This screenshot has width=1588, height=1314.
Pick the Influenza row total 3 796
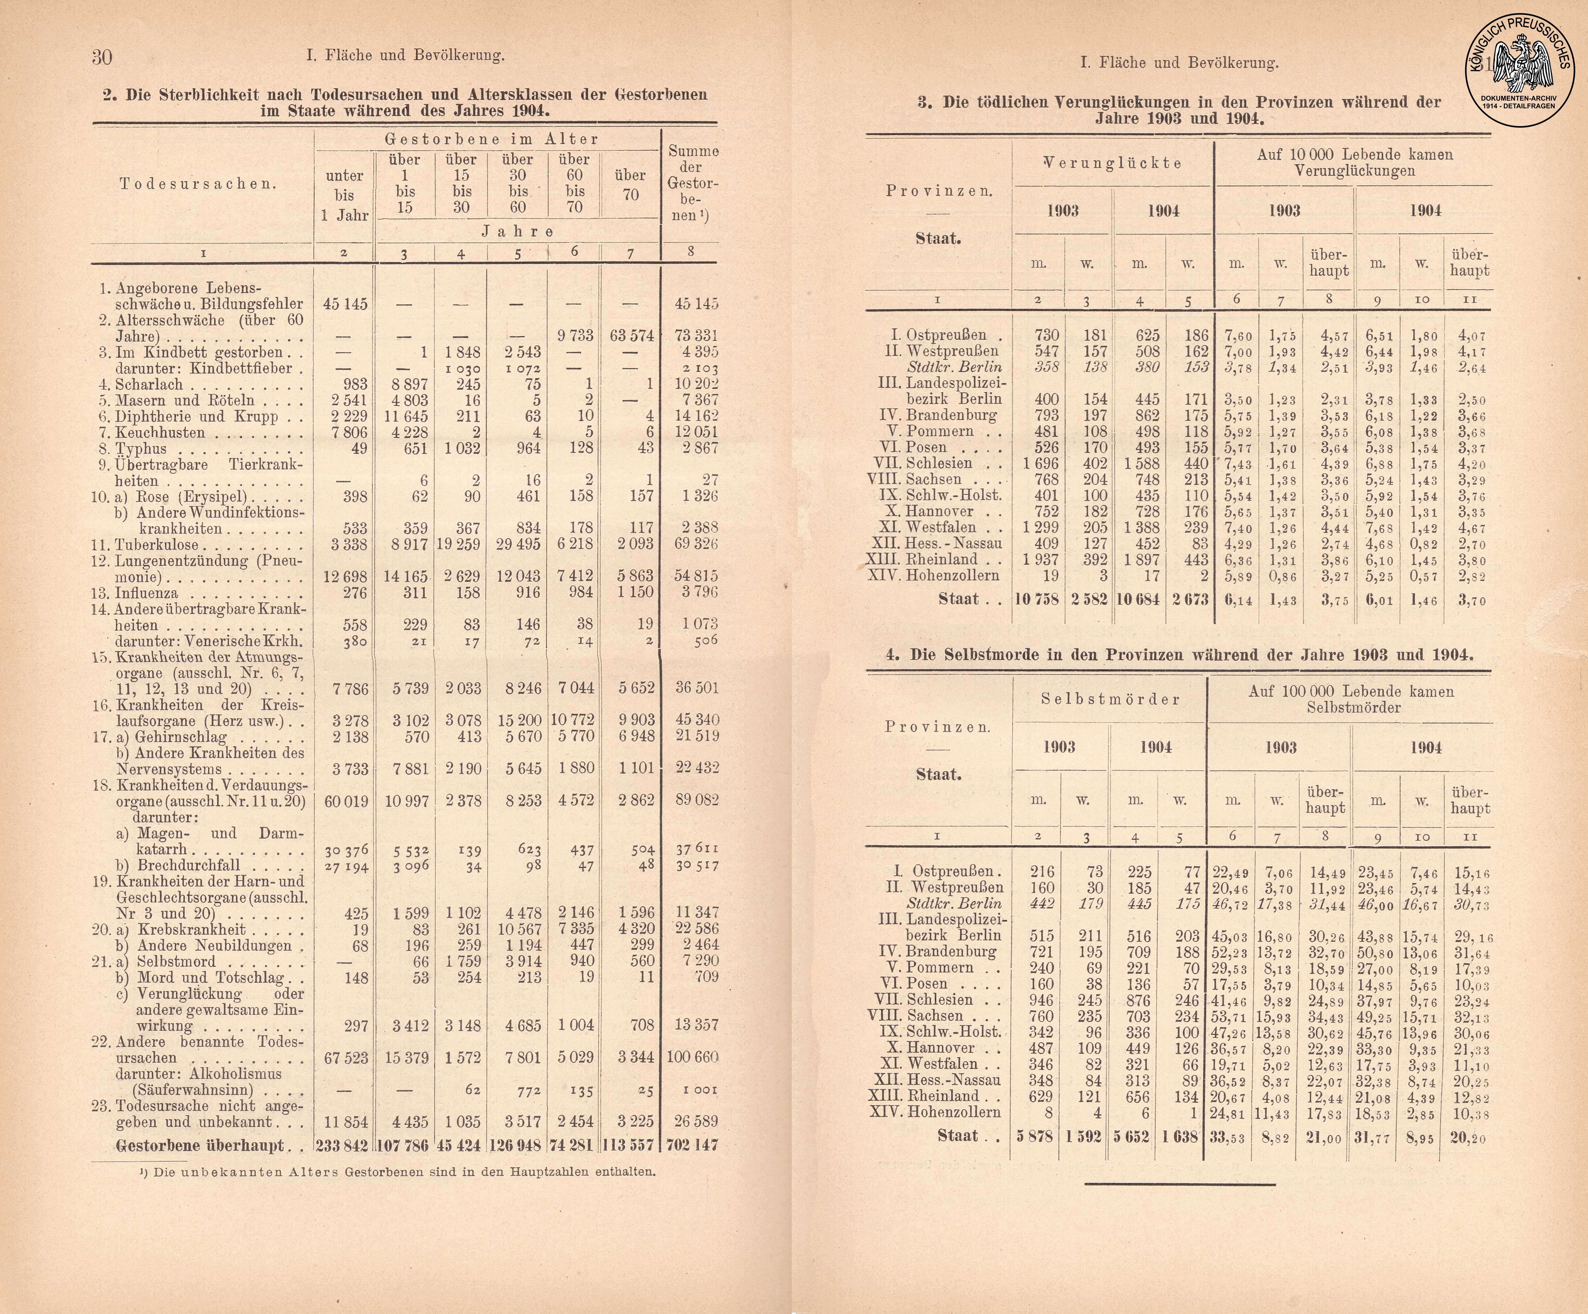click(696, 592)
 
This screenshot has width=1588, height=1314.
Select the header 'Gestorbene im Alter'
click(492, 139)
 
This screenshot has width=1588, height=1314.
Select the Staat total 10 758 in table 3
click(1037, 600)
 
